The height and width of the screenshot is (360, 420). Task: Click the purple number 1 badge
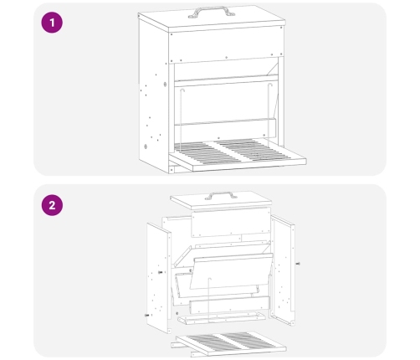tap(52, 23)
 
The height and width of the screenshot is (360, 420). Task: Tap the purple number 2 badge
tap(52, 205)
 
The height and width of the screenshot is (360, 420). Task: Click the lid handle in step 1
tap(212, 12)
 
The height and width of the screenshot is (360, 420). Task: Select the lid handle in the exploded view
tap(221, 195)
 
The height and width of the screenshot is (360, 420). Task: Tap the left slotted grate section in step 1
tap(207, 153)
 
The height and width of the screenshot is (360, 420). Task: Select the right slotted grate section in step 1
tap(253, 150)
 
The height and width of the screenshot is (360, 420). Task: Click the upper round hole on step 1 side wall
tap(165, 85)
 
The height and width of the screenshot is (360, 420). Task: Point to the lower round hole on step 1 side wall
tap(146, 147)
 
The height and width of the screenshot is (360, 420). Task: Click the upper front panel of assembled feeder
tap(226, 44)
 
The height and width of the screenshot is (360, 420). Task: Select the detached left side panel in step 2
tap(158, 278)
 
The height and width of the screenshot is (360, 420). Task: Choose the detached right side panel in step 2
tap(283, 270)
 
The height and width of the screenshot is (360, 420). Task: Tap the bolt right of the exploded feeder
tap(298, 264)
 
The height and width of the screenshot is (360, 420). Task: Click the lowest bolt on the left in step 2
tap(146, 316)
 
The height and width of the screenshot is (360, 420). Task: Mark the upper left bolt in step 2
tap(161, 272)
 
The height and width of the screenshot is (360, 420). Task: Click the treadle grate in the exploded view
tap(231, 342)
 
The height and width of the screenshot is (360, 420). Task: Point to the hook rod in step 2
tap(209, 299)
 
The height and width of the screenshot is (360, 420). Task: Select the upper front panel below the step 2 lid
tap(231, 223)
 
